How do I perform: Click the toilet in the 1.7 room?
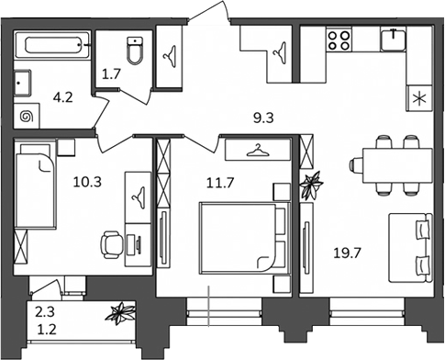(x=135, y=51)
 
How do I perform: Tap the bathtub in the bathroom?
(x=52, y=45)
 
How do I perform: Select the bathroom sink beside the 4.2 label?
(x=23, y=83)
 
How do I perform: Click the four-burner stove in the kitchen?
(x=339, y=40)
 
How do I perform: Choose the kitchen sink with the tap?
(x=394, y=39)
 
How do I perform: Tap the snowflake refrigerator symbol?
(x=419, y=98)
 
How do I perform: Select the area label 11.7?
(x=220, y=183)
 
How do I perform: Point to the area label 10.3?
(x=87, y=183)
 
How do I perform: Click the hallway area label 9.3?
(x=263, y=118)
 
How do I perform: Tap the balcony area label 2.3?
(x=45, y=312)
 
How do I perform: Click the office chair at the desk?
(x=112, y=244)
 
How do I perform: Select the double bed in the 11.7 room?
(x=244, y=238)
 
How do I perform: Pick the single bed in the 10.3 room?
(x=35, y=186)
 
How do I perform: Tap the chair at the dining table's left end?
(x=356, y=165)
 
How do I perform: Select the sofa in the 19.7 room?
(x=410, y=248)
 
